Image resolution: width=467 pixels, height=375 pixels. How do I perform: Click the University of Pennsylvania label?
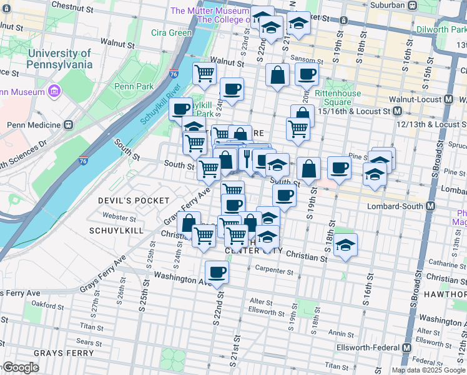point(59,59)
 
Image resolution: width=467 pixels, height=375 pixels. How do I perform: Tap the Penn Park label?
point(130,86)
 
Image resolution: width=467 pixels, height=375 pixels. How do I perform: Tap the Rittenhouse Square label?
point(338,98)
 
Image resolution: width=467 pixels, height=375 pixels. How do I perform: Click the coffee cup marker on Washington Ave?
point(217,272)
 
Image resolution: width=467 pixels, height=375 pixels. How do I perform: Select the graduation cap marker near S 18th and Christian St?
point(345,246)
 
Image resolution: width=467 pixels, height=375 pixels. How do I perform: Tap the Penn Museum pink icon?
point(54,92)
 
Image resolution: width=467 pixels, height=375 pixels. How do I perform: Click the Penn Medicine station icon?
point(68,124)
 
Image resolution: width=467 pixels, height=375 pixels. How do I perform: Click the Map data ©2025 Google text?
point(428,370)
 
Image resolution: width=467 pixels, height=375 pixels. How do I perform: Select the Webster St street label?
point(120,218)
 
